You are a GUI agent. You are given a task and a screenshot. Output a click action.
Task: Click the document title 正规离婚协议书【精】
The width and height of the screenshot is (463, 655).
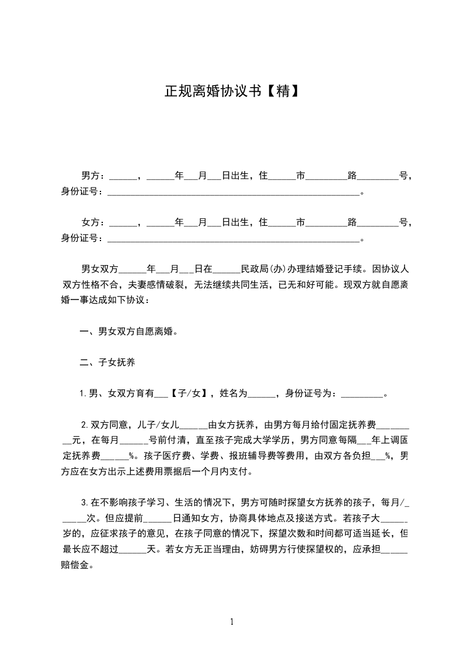[x=231, y=91]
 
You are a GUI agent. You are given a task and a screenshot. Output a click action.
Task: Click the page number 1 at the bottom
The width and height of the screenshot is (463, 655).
[x=232, y=622]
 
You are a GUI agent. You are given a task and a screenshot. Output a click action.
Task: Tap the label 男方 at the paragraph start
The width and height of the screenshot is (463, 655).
[x=90, y=175]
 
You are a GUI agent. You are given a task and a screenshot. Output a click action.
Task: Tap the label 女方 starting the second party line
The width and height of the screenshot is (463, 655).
[x=90, y=222]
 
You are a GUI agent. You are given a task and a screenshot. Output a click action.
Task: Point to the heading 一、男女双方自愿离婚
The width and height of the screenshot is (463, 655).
[x=128, y=332]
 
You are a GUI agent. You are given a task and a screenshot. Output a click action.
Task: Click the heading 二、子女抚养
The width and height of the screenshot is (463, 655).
[x=107, y=363]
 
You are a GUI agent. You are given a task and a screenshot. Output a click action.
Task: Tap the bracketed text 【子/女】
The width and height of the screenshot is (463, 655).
[x=189, y=393]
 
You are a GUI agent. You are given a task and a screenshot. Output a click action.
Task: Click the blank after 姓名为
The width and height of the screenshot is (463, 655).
[x=262, y=395]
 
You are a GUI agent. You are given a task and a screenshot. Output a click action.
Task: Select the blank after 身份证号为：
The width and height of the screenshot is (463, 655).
[x=360, y=395]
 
